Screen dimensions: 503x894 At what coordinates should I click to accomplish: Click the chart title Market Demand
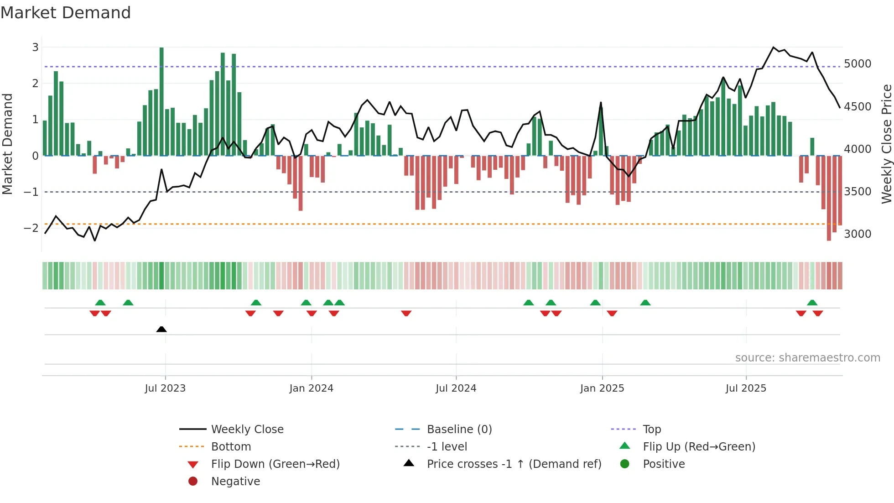tap(66, 12)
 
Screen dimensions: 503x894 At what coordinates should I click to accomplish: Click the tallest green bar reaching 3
tap(161, 100)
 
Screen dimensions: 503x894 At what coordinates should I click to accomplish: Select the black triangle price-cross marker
tap(161, 329)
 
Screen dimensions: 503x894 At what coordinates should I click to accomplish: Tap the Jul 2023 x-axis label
tap(165, 388)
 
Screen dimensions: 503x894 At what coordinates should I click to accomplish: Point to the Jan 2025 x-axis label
tap(602, 388)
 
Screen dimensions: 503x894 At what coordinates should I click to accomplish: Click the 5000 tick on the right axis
tap(858, 64)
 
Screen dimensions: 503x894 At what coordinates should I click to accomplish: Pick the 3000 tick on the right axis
tap(858, 234)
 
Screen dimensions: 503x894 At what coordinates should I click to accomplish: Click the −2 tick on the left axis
tap(31, 228)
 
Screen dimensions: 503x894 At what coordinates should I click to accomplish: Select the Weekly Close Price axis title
tap(886, 144)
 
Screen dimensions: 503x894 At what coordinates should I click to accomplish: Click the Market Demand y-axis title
tap(7, 144)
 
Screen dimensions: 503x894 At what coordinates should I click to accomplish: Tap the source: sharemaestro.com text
tap(807, 358)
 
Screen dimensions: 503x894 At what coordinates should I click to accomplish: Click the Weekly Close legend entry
tap(247, 430)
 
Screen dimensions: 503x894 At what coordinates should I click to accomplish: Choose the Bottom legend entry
tap(231, 447)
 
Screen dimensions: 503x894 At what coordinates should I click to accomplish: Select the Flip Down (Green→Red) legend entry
tap(275, 464)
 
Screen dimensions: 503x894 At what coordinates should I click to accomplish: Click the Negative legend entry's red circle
tap(193, 481)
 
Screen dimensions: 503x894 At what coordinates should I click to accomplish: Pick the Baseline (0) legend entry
tap(459, 430)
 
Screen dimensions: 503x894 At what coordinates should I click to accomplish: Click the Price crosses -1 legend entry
tap(514, 464)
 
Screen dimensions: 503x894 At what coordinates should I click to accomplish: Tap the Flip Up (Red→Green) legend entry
tap(699, 447)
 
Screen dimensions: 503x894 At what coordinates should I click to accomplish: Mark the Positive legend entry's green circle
tap(625, 464)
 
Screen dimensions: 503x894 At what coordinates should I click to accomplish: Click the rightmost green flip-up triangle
tap(812, 303)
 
